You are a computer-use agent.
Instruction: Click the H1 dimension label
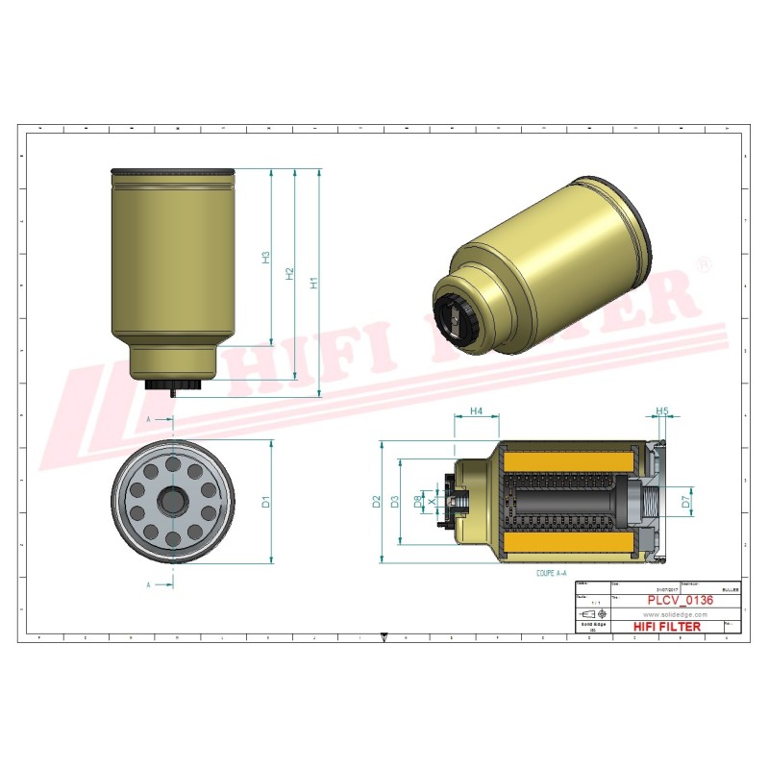click(312, 284)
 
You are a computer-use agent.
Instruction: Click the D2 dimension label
click(377, 501)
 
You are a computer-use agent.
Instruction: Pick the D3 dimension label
click(394, 501)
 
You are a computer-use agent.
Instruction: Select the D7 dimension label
click(685, 501)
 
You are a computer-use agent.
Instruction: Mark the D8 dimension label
click(417, 501)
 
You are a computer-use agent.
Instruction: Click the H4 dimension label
click(476, 411)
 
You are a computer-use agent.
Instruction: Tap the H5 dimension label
click(661, 411)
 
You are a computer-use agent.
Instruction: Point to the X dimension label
click(432, 501)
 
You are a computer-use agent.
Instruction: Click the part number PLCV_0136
click(680, 600)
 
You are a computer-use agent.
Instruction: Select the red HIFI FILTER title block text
click(667, 627)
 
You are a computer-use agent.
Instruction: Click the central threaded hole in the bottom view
click(173, 501)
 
